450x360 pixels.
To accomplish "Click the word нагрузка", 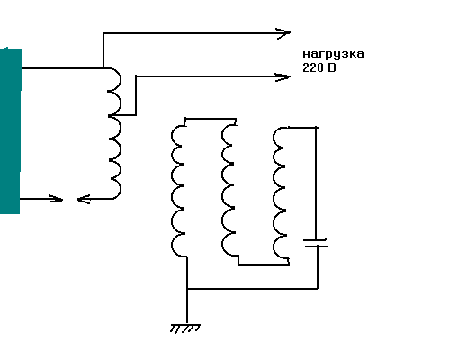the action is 333,55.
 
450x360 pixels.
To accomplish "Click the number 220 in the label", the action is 312,67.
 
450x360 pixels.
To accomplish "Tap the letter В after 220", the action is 332,67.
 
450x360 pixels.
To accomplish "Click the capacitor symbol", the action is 316,243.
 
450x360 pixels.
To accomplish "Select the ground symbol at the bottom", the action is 185,328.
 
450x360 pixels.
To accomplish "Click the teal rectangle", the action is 11,130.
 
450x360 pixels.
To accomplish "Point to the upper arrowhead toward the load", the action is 283,33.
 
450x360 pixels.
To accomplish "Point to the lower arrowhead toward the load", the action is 283,77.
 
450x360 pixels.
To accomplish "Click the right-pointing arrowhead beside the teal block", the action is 56,199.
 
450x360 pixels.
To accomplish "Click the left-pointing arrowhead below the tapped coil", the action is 84,199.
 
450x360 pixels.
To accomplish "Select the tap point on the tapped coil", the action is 111,115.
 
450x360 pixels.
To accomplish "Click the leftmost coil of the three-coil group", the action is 178,191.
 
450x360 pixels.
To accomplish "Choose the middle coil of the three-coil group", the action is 229,190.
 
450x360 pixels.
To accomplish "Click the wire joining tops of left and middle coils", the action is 211,119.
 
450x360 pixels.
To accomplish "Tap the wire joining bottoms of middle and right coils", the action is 264,265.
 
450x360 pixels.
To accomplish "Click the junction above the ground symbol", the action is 187,289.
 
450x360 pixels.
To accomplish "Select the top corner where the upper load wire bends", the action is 103,33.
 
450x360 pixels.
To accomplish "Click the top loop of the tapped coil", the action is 115,79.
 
